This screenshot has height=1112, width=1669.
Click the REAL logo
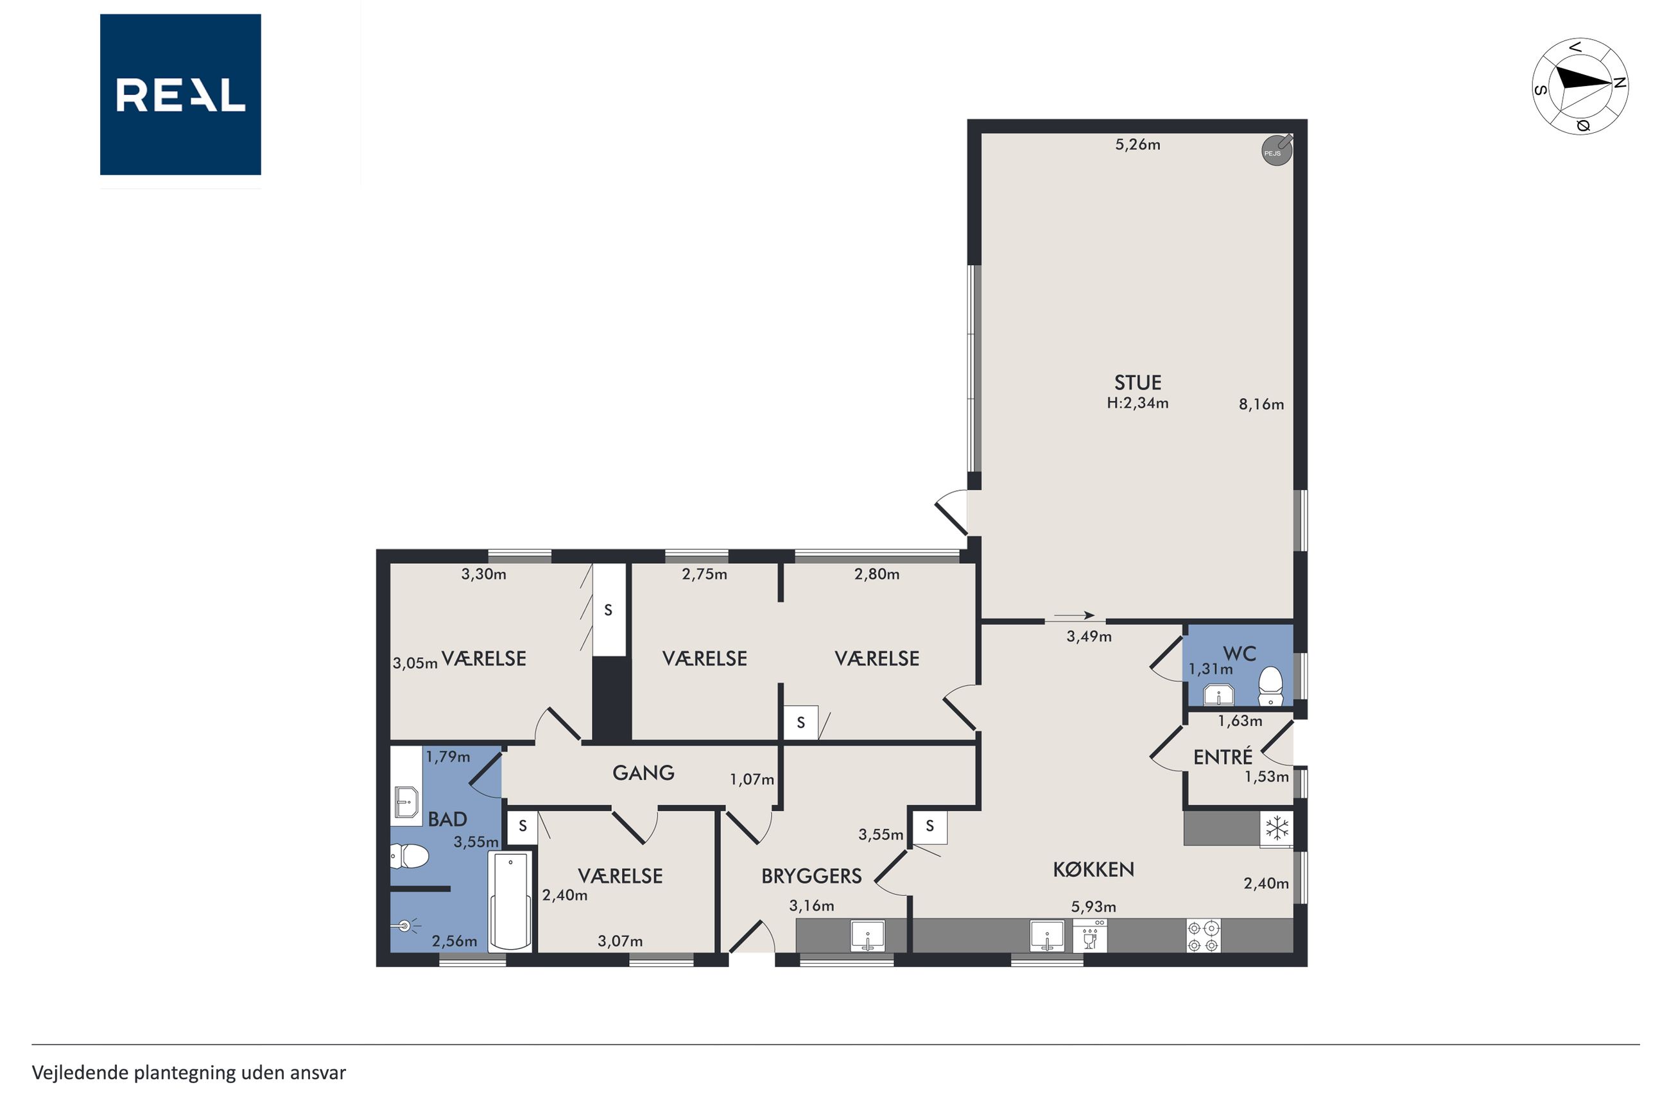point(180,94)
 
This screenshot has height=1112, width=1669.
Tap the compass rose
point(1580,86)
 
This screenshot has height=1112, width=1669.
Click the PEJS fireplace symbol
point(1277,151)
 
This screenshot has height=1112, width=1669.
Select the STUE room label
point(1137,383)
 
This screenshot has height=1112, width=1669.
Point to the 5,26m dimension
point(1137,144)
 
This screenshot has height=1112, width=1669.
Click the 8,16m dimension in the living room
point(1261,404)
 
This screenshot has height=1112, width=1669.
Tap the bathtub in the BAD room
point(510,901)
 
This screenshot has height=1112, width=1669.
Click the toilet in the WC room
point(1270,687)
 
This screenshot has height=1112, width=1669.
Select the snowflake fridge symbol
point(1277,828)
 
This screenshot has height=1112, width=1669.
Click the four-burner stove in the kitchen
point(1204,936)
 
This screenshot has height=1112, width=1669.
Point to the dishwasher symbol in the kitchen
point(1090,936)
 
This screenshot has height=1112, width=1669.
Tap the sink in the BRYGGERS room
point(867,936)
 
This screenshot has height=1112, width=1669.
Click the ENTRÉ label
point(1223,757)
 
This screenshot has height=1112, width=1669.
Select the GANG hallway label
point(643,773)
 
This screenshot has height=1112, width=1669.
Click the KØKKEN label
point(1093,869)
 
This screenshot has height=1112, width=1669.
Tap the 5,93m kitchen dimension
point(1093,906)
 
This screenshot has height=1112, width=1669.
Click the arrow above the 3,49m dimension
point(1074,615)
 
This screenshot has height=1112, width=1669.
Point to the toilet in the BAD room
point(410,857)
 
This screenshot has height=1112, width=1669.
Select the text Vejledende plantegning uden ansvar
point(189,1073)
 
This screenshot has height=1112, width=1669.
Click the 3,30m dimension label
point(484,574)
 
